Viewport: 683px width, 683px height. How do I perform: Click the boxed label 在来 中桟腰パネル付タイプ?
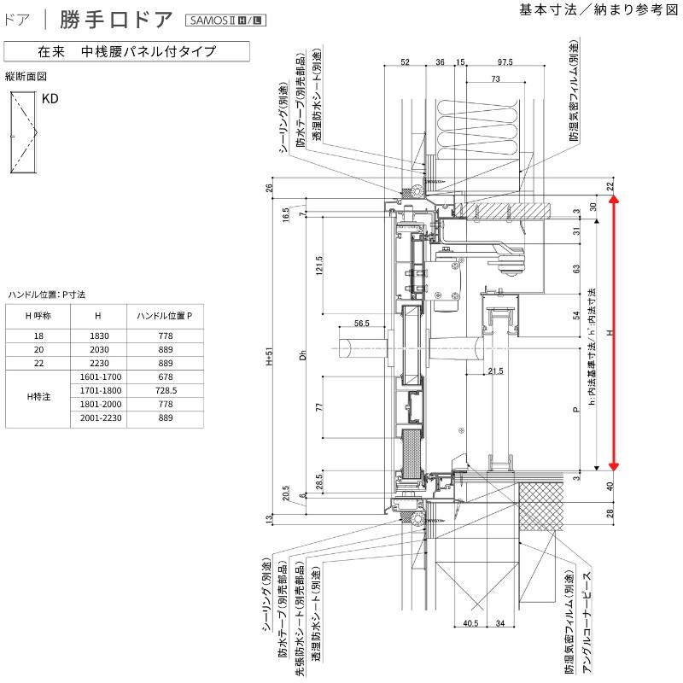click(126, 51)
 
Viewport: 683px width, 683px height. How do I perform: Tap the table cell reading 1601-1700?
click(99, 376)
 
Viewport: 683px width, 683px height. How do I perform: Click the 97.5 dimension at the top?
click(505, 62)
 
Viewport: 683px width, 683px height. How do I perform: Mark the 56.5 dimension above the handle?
click(361, 324)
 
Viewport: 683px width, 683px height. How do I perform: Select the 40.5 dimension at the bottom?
click(470, 623)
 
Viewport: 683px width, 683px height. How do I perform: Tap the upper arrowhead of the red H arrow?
click(613, 201)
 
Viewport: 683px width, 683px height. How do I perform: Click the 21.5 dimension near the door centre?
click(495, 370)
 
